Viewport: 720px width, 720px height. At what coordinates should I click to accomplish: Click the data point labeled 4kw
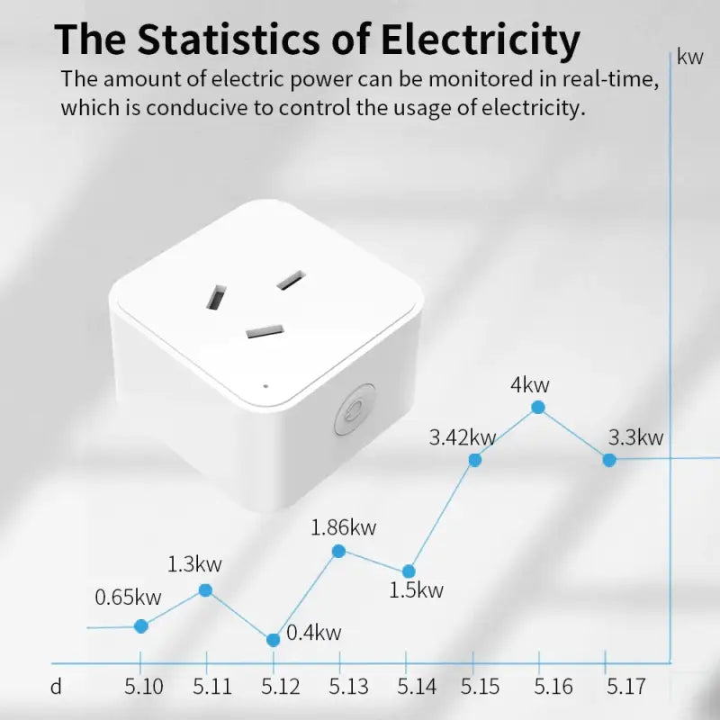538,407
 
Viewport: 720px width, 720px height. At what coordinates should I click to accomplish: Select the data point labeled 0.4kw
274,640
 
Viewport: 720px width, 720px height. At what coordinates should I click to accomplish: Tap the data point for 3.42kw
475,460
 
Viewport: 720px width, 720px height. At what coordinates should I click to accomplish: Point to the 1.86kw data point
338,551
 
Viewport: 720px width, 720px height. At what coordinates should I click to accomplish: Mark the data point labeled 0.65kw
141,625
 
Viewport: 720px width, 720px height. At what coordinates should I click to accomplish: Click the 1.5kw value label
417,590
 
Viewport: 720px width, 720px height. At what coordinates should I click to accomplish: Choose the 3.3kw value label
635,438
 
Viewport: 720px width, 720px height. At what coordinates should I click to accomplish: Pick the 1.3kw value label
194,565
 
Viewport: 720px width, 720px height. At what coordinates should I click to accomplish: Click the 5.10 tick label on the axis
144,687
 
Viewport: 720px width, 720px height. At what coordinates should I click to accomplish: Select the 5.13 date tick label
348,687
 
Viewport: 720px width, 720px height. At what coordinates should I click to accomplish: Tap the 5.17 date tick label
626,687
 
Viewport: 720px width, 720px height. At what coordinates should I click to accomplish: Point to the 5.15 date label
481,687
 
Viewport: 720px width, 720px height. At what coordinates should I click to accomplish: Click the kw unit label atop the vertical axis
690,58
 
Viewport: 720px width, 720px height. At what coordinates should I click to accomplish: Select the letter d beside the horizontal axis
56,687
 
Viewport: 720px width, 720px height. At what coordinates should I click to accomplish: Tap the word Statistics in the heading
238,40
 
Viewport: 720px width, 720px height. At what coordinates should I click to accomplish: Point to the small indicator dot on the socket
265,386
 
